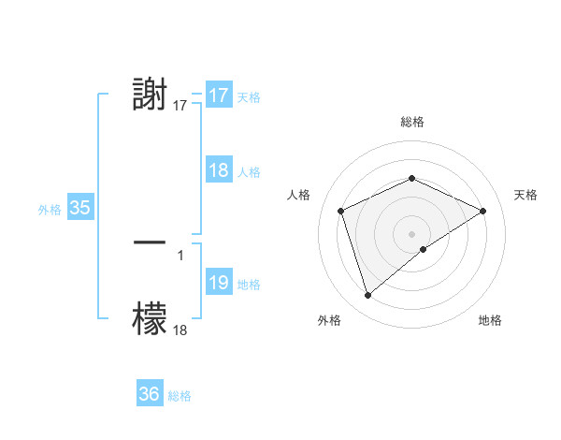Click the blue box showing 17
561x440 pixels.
(x=219, y=95)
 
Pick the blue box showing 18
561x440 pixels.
(x=219, y=170)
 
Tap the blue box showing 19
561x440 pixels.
(x=219, y=283)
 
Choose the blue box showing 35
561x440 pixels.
(x=80, y=208)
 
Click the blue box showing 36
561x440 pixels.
(x=150, y=394)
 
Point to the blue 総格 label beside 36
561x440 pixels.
(x=180, y=396)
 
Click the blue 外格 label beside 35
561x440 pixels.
(x=50, y=210)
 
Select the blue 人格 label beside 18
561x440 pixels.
(x=249, y=172)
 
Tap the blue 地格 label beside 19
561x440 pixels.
(x=249, y=285)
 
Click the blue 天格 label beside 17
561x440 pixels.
(x=249, y=97)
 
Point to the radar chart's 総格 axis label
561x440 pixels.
(x=411, y=122)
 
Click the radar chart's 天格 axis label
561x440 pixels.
(x=526, y=195)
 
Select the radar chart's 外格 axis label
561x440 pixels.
(x=329, y=320)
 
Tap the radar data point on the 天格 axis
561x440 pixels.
(x=483, y=211)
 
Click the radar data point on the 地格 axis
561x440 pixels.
(x=424, y=249)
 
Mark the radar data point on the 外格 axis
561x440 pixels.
(x=367, y=296)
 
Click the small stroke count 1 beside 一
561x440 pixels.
(x=180, y=254)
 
